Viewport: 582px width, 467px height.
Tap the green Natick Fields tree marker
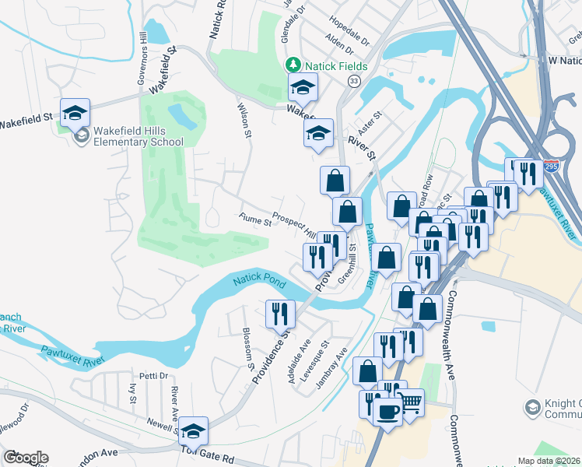(x=293, y=65)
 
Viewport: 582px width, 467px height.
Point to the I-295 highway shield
(x=551, y=167)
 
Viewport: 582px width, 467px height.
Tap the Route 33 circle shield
(x=355, y=81)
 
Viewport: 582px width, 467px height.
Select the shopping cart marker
(x=412, y=403)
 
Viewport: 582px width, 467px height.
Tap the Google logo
(x=26, y=458)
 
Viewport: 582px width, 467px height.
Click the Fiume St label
(x=254, y=222)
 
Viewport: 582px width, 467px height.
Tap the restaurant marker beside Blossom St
(x=280, y=313)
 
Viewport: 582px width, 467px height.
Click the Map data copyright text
(x=549, y=461)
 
